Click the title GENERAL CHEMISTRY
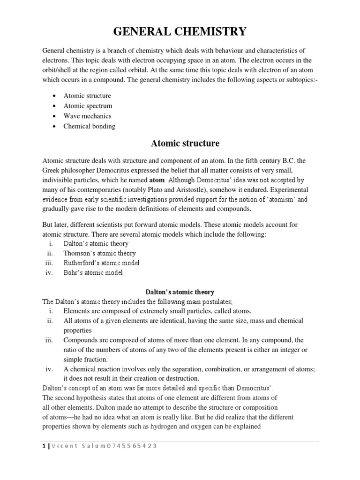click(180, 31)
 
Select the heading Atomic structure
click(180, 142)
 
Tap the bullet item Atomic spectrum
click(88, 106)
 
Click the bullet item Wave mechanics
click(87, 116)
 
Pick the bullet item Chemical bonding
click(89, 126)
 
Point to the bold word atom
click(157, 180)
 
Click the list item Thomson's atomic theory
click(99, 253)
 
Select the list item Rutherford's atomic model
click(101, 263)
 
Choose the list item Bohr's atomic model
click(93, 272)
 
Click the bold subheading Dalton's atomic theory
click(180, 292)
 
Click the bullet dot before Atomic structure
click(54, 96)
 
